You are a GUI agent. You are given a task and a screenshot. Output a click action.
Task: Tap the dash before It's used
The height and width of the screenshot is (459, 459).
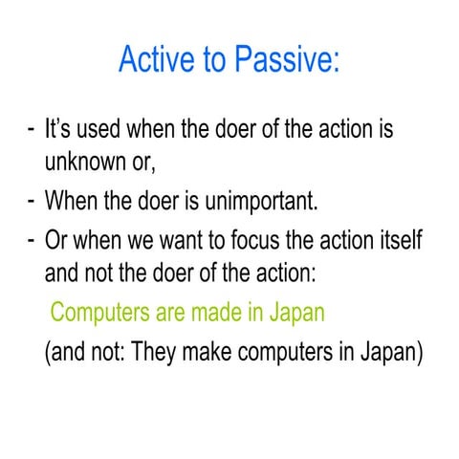pyautogui.click(x=32, y=127)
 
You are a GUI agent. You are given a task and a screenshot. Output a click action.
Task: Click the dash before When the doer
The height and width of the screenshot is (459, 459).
pyautogui.click(x=32, y=202)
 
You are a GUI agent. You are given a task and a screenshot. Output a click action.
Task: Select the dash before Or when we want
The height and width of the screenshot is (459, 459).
pyautogui.click(x=32, y=239)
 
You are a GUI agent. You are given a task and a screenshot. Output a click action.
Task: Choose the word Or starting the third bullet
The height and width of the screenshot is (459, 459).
pyautogui.click(x=56, y=238)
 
